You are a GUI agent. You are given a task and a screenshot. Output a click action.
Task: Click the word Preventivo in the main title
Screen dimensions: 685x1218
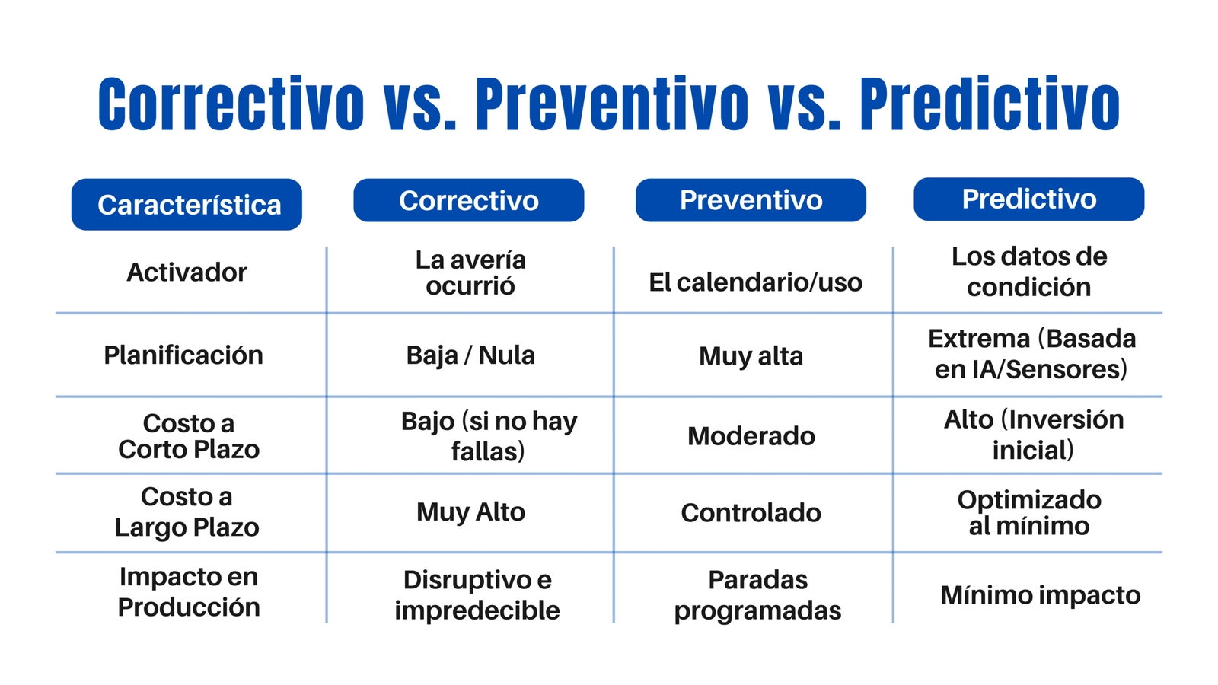pyautogui.click(x=612, y=105)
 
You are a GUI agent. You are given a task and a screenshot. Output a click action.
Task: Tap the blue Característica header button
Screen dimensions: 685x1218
pyautogui.click(x=187, y=205)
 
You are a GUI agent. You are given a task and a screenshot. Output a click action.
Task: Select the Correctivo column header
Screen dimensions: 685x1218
pyautogui.click(x=469, y=201)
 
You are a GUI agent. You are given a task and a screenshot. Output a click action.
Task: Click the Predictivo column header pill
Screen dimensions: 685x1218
pyautogui.click(x=1028, y=199)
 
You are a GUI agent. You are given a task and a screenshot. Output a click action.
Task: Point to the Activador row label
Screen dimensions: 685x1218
pyautogui.click(x=187, y=272)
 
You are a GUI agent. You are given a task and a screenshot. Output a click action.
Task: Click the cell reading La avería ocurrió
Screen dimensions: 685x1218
pyautogui.click(x=470, y=273)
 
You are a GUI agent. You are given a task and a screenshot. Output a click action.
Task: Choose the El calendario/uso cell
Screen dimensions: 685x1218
pyautogui.click(x=755, y=282)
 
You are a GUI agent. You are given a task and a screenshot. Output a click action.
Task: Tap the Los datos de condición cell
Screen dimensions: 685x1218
pyautogui.click(x=1028, y=272)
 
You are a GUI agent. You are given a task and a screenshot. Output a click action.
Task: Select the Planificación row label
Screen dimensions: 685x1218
pyautogui.click(x=183, y=355)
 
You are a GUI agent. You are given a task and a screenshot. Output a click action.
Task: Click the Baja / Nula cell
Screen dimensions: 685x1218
pyautogui.click(x=470, y=355)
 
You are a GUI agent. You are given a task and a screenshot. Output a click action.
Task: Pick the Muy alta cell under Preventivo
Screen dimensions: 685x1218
pyautogui.click(x=751, y=356)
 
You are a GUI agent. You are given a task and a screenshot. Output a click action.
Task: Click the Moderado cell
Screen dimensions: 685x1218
pyautogui.click(x=751, y=436)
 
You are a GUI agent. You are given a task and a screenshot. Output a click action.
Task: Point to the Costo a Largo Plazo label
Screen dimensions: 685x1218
pyautogui.click(x=187, y=512)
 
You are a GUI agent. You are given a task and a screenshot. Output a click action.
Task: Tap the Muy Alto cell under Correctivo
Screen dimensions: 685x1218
pyautogui.click(x=470, y=512)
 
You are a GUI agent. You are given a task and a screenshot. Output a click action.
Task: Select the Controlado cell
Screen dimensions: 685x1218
pyautogui.click(x=751, y=513)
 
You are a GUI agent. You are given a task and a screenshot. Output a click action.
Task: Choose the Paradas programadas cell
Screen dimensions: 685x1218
pyautogui.click(x=757, y=595)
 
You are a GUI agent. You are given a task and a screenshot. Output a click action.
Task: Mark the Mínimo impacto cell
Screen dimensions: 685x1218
pyautogui.click(x=1040, y=595)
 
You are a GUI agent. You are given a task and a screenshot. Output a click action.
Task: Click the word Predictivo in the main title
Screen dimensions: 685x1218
pyautogui.click(x=990, y=105)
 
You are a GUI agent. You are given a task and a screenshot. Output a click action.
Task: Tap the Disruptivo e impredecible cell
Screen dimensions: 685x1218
pyautogui.click(x=477, y=595)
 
